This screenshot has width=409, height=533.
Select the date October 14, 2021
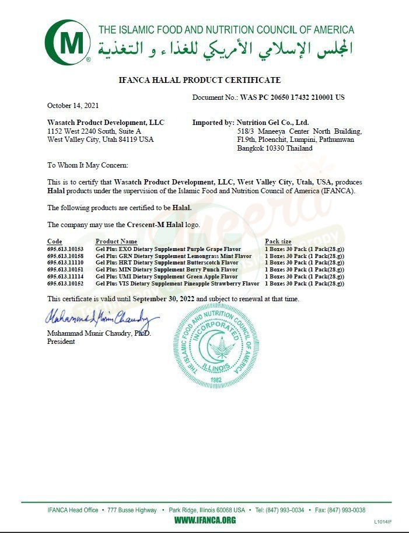pyautogui.click(x=73, y=106)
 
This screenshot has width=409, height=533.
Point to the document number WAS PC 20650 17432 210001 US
pyautogui.click(x=292, y=97)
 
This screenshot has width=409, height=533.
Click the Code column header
pyautogui.click(x=54, y=241)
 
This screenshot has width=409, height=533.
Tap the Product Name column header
pyautogui.click(x=116, y=241)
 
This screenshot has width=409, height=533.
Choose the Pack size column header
pyautogui.click(x=278, y=241)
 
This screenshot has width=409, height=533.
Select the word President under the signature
pyautogui.click(x=61, y=342)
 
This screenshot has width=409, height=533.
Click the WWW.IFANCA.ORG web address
pyautogui.click(x=205, y=520)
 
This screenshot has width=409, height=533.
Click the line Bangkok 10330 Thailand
pyautogui.click(x=274, y=148)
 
